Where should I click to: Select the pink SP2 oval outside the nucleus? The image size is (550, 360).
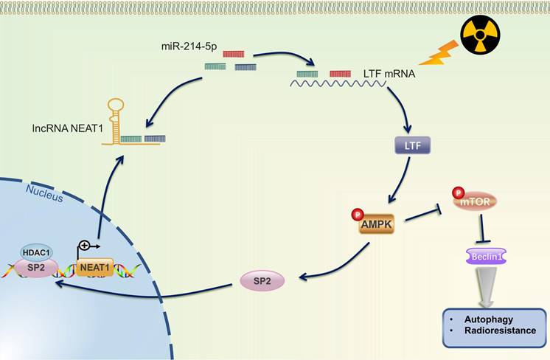(x=262, y=281)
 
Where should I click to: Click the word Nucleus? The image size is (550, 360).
(x=43, y=190)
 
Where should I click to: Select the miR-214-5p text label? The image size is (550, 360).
(x=188, y=47)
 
